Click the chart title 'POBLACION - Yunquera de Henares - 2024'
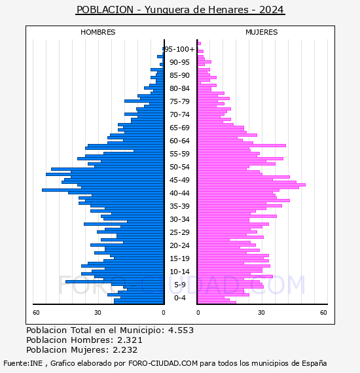coord(180,10)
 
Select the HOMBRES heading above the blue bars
coord(98,32)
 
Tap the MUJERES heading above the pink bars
coord(262,32)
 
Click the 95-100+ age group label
coord(179,49)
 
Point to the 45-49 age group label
coord(179,180)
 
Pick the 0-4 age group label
coord(179,298)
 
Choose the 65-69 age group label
coord(179,128)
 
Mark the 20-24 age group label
coord(179,245)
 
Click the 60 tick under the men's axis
coord(36,313)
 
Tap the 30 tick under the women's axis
coord(262,313)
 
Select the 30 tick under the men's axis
coord(98,313)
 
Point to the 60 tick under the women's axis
coord(323,313)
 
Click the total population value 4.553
coord(181,330)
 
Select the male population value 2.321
coord(130,340)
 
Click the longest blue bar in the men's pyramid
coord(103,190)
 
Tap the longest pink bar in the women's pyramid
coord(251,185)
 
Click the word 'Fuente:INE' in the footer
coord(23,363)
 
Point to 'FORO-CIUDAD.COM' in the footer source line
coord(163,363)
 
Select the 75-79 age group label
coord(179,101)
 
